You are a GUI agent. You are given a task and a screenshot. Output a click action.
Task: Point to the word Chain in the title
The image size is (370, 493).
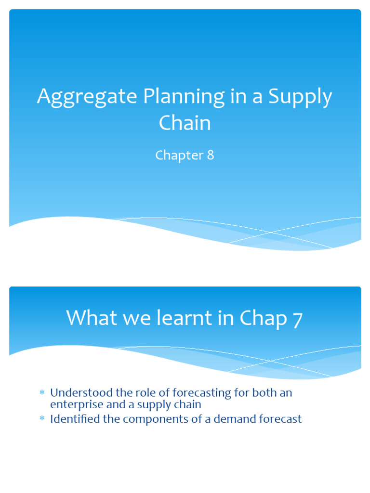coord(185,123)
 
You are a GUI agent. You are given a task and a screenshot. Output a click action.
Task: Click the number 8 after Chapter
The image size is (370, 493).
coord(210,156)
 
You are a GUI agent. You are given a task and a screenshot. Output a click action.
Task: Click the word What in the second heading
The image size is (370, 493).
coord(91,318)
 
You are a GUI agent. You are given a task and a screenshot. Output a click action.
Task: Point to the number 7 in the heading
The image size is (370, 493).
coord(297,319)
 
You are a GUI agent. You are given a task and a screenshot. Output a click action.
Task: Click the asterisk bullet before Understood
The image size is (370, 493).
coord(42,393)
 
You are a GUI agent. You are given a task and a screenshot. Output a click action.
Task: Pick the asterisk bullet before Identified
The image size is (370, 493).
coord(42,419)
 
